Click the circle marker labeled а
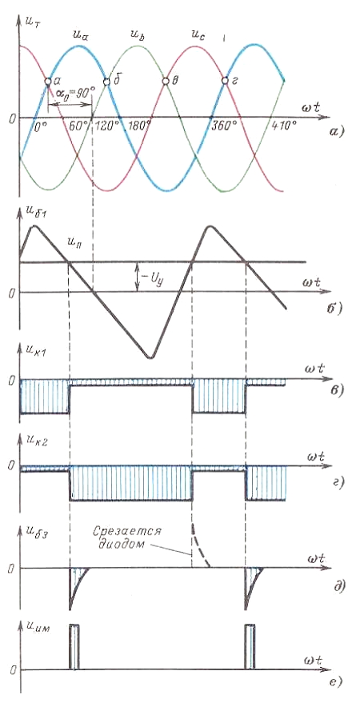tap(48, 81)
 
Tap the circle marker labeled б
tap(106, 82)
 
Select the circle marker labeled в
tap(166, 81)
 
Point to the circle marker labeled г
tap(225, 81)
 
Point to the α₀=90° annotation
tap(76, 94)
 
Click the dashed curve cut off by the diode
tap(199, 543)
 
